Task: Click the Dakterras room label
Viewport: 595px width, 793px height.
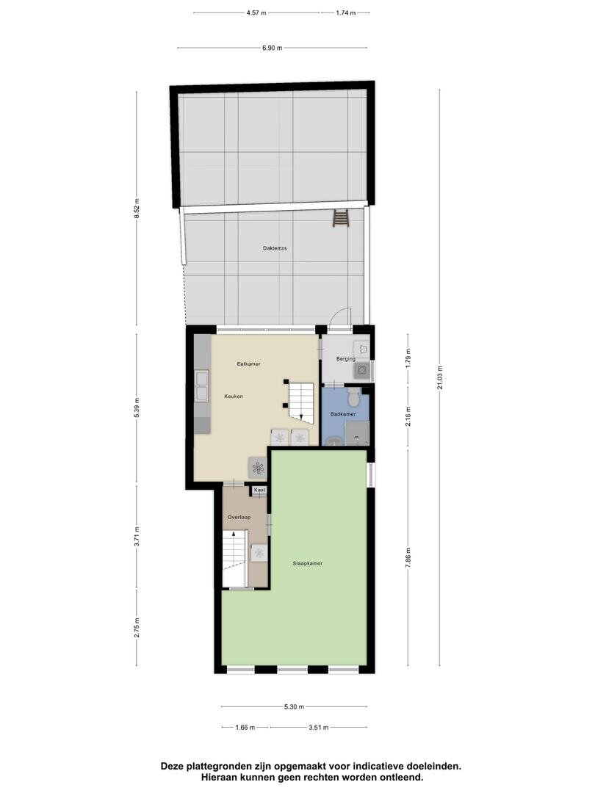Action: point(275,248)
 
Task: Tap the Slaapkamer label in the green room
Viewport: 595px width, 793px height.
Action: point(307,563)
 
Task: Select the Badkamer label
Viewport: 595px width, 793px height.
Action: point(342,414)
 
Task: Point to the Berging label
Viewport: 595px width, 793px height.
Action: point(345,359)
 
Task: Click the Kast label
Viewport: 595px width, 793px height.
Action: point(259,490)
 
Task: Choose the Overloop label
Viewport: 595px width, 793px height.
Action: point(239,518)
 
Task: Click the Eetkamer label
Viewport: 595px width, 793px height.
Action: point(248,364)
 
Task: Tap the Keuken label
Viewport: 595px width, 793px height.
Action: point(234,396)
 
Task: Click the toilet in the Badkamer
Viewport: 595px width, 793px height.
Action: point(353,397)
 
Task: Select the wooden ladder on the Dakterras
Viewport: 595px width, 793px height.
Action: point(341,220)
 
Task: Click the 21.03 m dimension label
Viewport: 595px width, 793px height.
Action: point(440,378)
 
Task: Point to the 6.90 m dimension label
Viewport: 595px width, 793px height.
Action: point(272,48)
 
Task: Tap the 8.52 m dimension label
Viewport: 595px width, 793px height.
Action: point(137,208)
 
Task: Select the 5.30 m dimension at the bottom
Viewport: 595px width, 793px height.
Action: point(294,707)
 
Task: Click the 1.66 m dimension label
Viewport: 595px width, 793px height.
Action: point(245,728)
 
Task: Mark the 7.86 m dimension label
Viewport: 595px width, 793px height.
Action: point(408,558)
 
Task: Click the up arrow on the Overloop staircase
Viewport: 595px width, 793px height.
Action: point(234,533)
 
